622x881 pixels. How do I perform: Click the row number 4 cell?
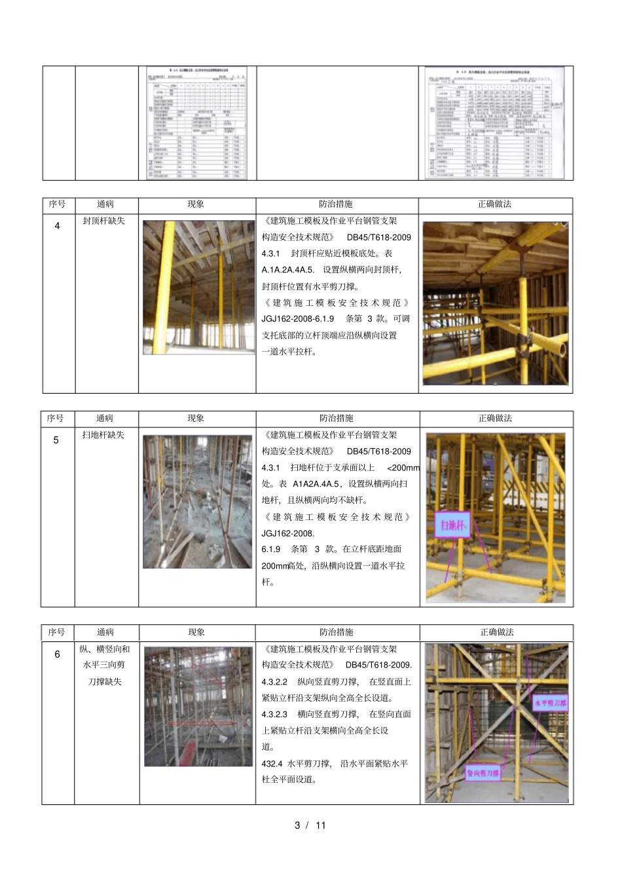57,226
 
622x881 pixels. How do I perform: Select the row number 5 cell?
56,440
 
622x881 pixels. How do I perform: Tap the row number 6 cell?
57,654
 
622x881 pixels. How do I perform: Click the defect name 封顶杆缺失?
103,221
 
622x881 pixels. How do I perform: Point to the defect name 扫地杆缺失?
103,435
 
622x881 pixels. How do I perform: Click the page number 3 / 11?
310,825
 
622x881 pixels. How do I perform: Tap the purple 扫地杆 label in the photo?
452,525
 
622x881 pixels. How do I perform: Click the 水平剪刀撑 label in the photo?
551,703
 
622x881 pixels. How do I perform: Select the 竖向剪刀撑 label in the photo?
483,773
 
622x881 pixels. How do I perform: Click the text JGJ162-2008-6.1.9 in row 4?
298,319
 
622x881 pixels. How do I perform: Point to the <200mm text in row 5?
403,468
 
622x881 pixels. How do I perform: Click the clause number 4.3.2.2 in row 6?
274,682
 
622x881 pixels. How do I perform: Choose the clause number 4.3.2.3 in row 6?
274,714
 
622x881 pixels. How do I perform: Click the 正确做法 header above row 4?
494,204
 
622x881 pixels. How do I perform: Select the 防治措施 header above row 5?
337,419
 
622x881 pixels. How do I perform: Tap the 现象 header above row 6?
196,632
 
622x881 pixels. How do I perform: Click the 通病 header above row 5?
105,419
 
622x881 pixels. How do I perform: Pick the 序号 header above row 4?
57,204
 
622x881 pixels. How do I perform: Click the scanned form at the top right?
494,122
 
